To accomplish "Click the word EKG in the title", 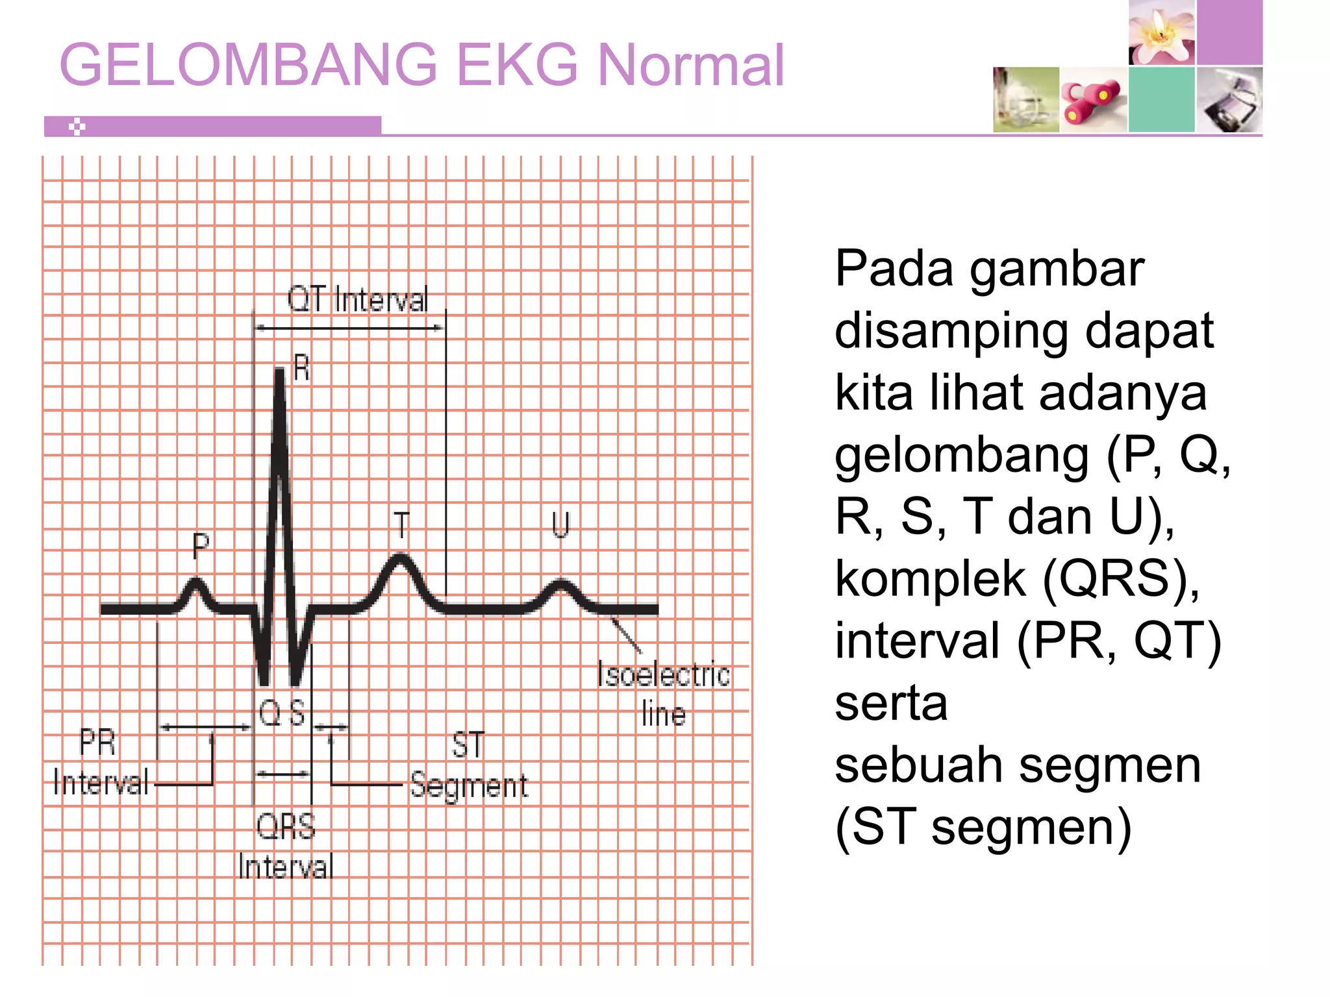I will (x=517, y=65).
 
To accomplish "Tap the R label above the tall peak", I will (x=301, y=368).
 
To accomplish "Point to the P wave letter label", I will (x=201, y=545).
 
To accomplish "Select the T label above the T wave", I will (x=402, y=525).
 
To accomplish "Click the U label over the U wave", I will (x=560, y=524).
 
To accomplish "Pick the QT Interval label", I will (x=358, y=300).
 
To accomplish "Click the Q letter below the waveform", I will (x=269, y=713).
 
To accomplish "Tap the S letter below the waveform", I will (x=297, y=713).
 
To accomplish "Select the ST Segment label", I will (x=469, y=766).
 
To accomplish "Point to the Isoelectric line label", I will (x=663, y=694).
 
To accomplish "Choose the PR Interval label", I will (x=99, y=763).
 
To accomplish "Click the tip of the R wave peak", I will (x=280, y=371).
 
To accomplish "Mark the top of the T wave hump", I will (x=401, y=557).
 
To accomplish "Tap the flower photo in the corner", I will (x=1162, y=32).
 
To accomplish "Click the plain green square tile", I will (x=1161, y=100).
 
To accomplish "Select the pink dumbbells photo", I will (x=1094, y=100).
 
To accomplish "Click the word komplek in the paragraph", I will (x=931, y=578).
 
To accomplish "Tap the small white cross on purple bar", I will (x=77, y=127).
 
